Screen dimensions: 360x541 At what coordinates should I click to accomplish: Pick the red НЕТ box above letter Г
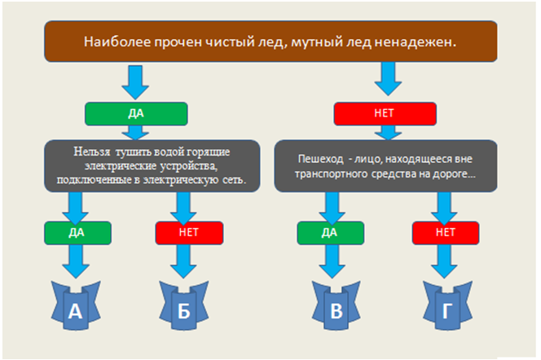click(x=446, y=232)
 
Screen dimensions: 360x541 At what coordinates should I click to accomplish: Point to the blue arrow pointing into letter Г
click(x=446, y=262)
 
